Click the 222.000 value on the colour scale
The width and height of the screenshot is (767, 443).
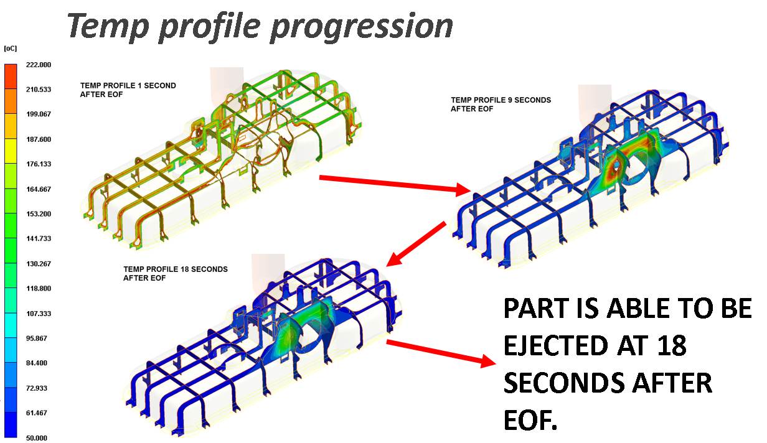(39, 65)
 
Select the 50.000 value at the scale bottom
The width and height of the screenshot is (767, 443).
(37, 438)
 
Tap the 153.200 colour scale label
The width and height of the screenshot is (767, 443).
(39, 214)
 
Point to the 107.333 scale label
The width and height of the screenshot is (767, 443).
(39, 314)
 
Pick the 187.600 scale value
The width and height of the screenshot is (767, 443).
(39, 139)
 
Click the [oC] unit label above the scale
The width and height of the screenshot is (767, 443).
(10, 49)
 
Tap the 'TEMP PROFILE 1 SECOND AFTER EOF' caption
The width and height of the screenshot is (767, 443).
(128, 90)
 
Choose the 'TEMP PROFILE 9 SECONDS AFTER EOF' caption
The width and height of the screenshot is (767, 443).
(501, 105)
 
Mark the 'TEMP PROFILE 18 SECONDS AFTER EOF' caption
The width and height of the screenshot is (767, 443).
(176, 274)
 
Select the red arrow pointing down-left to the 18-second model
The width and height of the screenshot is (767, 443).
(416, 243)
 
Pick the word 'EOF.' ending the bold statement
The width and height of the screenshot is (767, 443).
(530, 420)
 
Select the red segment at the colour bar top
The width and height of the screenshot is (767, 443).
(11, 77)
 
